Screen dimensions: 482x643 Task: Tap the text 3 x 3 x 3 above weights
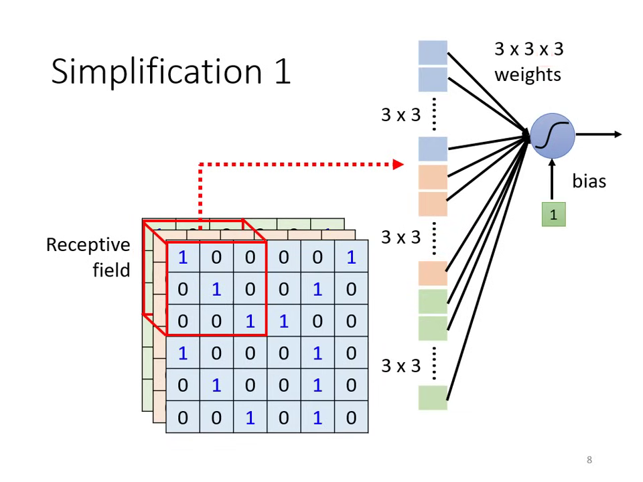528,49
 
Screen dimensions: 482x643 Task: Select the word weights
528,74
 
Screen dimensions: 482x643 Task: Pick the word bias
589,181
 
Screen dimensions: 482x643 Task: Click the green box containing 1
553,215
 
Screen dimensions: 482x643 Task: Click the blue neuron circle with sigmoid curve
552,136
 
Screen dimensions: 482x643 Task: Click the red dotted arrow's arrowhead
399,164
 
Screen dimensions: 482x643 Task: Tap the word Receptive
88,245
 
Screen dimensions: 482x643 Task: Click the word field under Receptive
111,270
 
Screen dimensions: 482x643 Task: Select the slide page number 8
589,460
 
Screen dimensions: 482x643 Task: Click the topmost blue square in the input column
433,52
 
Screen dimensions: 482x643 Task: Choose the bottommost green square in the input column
433,398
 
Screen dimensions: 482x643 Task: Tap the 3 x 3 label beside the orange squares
401,238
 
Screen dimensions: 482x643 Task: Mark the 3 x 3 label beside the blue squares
401,115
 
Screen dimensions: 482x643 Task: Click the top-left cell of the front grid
183,257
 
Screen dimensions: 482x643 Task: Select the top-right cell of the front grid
351,257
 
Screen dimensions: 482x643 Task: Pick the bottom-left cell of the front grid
183,418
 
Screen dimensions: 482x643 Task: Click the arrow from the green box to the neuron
552,181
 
